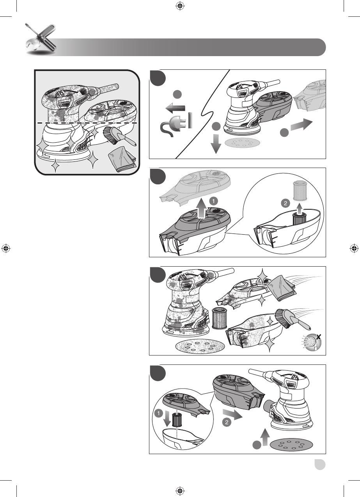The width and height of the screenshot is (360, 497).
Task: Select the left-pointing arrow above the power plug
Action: click(176, 108)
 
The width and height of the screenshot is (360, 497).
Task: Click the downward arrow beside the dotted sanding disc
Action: click(216, 144)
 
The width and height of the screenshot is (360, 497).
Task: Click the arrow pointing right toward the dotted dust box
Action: click(301, 125)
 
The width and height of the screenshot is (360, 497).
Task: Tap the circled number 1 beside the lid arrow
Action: click(213, 201)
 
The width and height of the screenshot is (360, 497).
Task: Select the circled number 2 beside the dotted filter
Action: click(286, 203)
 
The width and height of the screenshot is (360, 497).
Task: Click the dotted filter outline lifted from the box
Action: click(300, 190)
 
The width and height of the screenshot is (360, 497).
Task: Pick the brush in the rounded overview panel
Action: click(120, 136)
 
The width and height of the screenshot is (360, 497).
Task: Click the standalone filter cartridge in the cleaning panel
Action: click(220, 318)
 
